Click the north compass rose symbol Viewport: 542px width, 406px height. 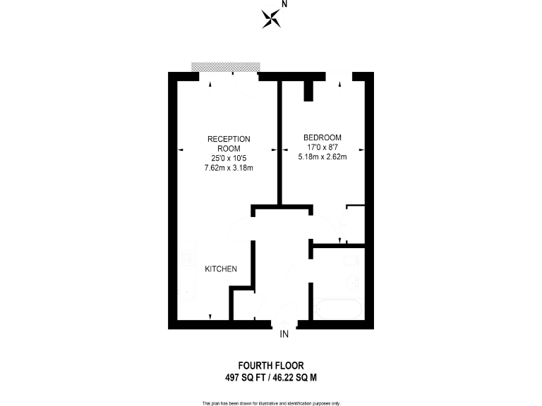tap(270, 18)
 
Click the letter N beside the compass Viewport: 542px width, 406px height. tap(284, 4)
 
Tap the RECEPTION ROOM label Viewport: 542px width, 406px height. tap(229, 143)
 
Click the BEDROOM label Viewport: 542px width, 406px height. tap(323, 137)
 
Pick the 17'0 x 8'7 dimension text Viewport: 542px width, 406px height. tap(323, 147)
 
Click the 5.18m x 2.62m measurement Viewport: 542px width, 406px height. tap(323, 156)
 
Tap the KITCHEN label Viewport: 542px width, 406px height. tap(220, 269)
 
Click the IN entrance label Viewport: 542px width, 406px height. tap(284, 334)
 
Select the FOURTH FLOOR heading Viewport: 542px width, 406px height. tap(271, 366)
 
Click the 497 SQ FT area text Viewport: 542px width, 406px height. tap(244, 377)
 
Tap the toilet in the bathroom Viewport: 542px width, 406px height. tap(353, 262)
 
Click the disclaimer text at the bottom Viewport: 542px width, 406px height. tap(271, 402)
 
